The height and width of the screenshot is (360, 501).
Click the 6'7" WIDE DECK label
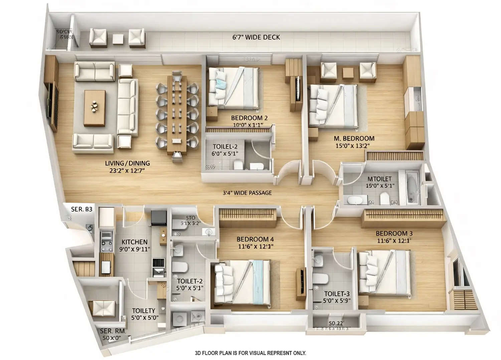click(x=256, y=37)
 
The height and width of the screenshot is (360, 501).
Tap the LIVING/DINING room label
click(x=127, y=163)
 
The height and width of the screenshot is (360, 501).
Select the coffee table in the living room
click(x=95, y=108)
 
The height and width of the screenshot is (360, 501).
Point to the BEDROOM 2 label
click(x=249, y=118)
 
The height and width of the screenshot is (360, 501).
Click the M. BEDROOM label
click(x=354, y=138)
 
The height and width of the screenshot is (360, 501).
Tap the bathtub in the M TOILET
click(x=411, y=187)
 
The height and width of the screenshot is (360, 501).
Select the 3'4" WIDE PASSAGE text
click(x=247, y=193)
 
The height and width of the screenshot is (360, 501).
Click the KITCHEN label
click(x=134, y=242)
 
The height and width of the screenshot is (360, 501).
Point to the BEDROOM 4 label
click(x=255, y=239)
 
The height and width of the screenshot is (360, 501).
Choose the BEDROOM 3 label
click(x=391, y=234)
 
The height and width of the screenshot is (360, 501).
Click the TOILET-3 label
click(x=337, y=294)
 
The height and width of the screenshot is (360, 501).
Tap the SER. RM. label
click(x=113, y=331)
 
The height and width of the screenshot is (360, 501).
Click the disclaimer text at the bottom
click(x=250, y=353)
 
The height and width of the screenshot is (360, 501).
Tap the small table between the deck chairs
click(x=118, y=39)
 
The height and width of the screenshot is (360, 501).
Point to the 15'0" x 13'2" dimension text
click(x=352, y=146)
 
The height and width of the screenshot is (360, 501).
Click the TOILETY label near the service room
click(x=143, y=311)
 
